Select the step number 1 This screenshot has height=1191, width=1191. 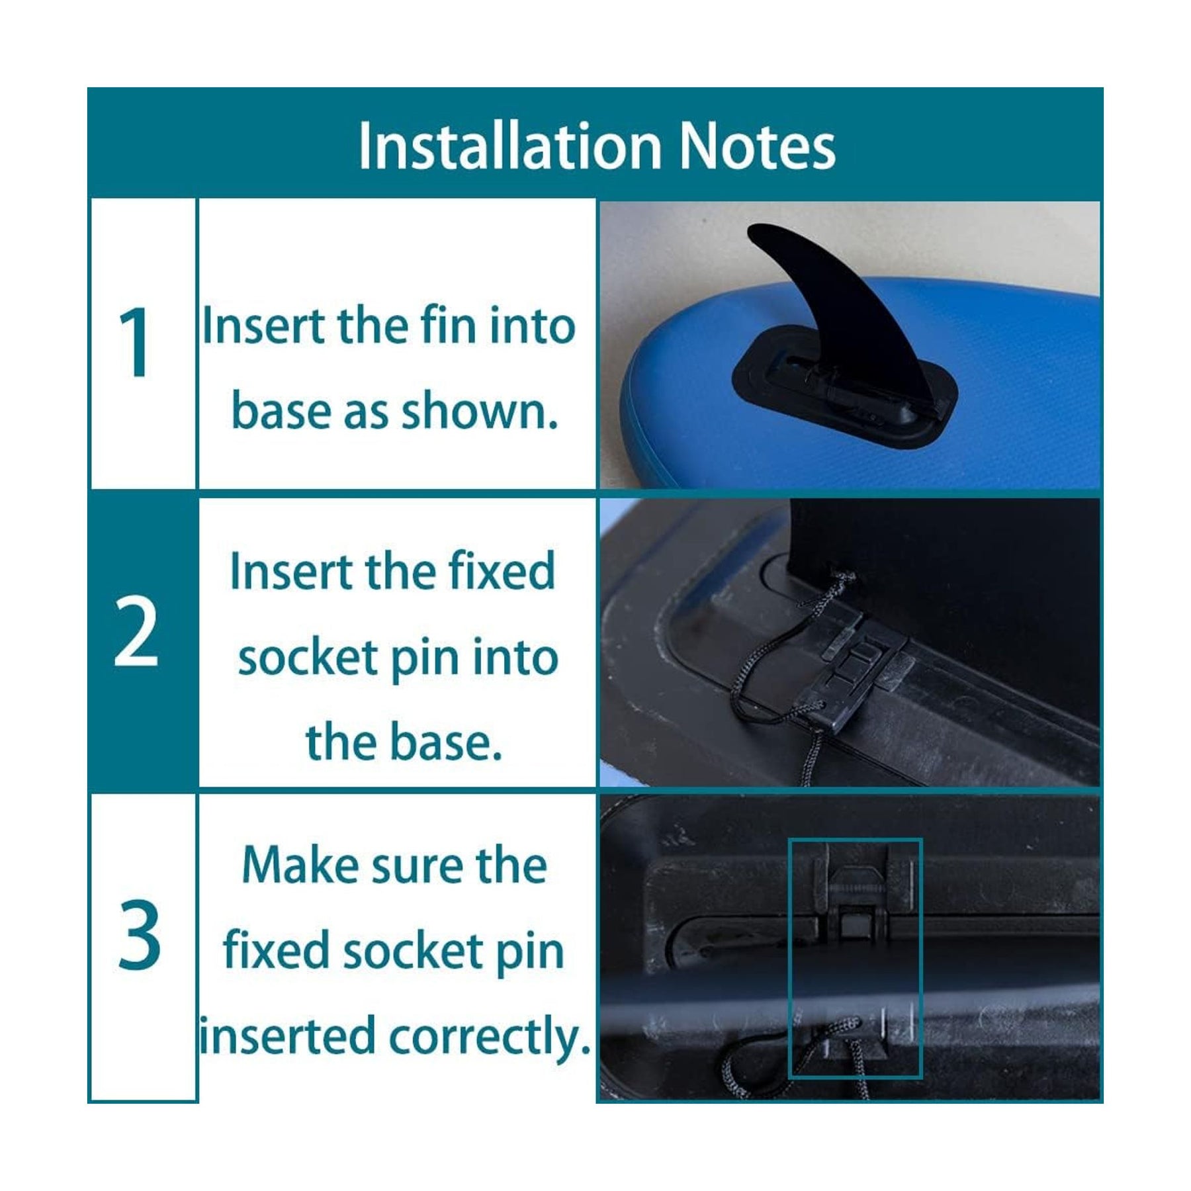pos(135,342)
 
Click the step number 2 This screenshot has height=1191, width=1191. pos(136,632)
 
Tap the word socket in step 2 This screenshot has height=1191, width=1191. pos(308,658)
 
